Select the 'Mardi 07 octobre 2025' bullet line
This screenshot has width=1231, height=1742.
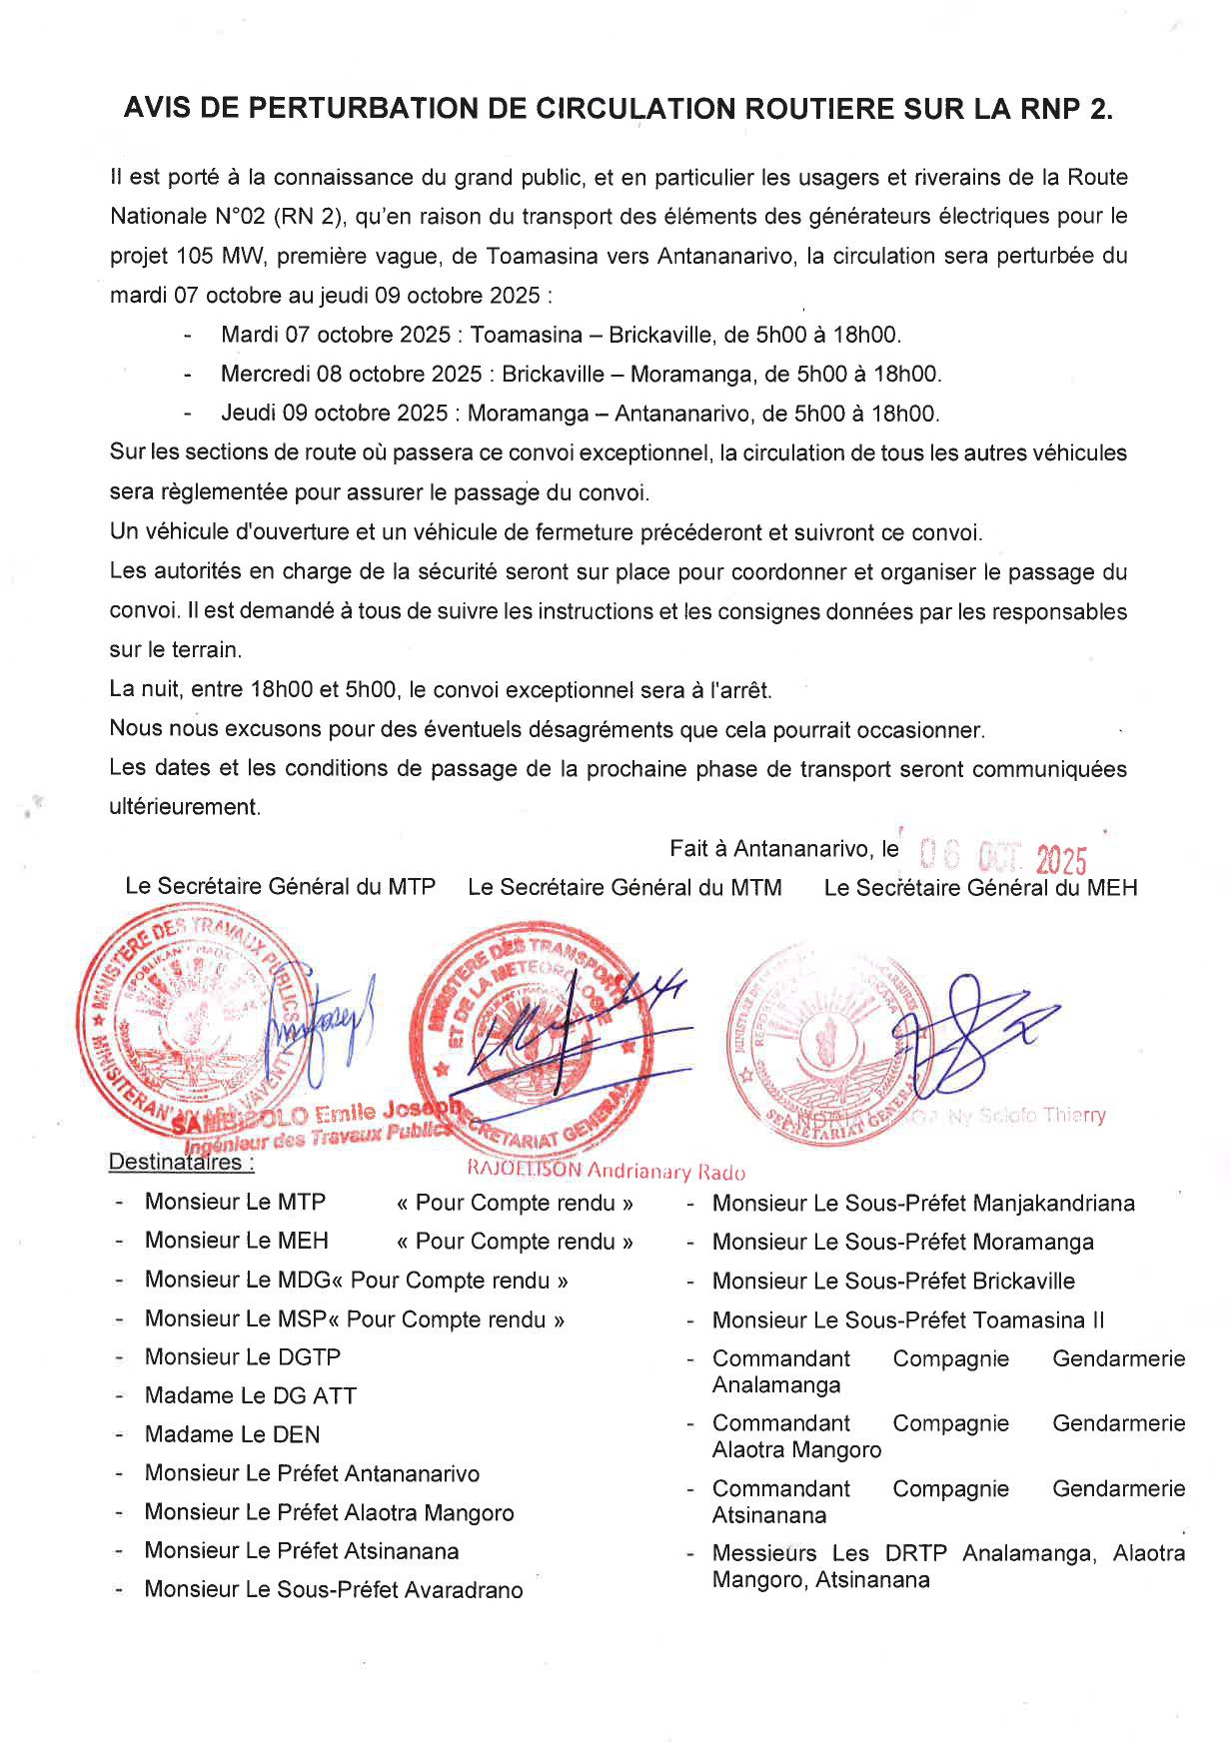click(x=560, y=335)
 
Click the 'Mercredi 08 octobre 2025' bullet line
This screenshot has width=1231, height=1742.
click(x=580, y=375)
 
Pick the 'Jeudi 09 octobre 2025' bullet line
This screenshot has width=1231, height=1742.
click(x=580, y=414)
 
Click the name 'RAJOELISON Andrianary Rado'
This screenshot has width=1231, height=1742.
click(x=606, y=1171)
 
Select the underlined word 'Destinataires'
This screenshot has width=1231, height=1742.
click(x=176, y=1163)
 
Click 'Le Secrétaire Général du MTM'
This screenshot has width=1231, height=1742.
click(x=624, y=887)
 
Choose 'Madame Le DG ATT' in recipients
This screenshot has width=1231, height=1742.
click(x=250, y=1395)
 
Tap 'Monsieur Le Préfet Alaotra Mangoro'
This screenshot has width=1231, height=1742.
click(x=329, y=1512)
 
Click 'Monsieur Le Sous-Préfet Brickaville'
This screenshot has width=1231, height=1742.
click(x=892, y=1281)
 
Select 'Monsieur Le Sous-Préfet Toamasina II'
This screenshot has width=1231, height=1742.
click(x=907, y=1319)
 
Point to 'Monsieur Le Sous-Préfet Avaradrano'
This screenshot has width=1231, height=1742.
click(x=333, y=1589)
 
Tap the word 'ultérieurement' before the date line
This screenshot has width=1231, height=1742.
click(x=185, y=807)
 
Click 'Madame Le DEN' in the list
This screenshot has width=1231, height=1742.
click(x=232, y=1434)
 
